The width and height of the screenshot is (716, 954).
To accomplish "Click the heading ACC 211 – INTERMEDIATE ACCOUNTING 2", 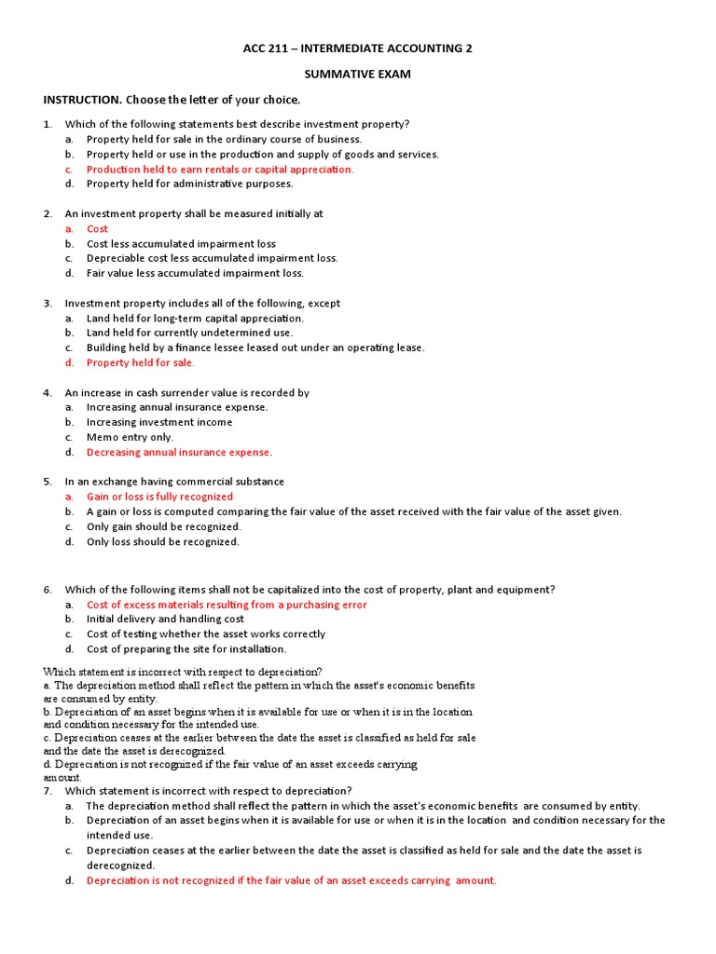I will click(x=358, y=48).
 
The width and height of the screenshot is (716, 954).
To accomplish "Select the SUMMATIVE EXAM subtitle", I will click(x=358, y=74).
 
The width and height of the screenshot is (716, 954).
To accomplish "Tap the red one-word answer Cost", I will click(x=97, y=228).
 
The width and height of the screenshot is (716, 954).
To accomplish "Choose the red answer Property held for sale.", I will click(x=141, y=362).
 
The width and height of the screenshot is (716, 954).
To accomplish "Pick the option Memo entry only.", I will click(x=130, y=437).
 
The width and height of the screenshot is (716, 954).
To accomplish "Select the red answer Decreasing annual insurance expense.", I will click(x=179, y=452).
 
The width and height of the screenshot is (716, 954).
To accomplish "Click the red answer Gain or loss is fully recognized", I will click(x=159, y=497).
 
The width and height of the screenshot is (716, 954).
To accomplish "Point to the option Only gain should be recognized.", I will click(x=163, y=526).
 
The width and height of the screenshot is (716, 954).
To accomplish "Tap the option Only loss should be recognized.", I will click(x=163, y=541).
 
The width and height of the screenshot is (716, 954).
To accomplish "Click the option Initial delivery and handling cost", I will click(x=165, y=619).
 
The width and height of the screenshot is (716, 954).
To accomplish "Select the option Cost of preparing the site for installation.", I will click(x=186, y=648).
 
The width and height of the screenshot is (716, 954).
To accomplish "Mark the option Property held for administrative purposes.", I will click(x=189, y=184).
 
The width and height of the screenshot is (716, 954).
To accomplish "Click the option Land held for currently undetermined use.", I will click(x=189, y=333).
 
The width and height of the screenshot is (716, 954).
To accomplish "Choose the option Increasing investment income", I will click(x=159, y=422).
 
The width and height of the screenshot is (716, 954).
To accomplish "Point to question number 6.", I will click(x=47, y=589).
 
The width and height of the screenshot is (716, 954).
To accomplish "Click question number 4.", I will click(x=47, y=392).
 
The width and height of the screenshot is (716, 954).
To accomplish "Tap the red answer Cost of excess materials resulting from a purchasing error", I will click(x=227, y=604).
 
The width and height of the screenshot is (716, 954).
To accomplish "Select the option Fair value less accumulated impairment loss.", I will click(x=195, y=273).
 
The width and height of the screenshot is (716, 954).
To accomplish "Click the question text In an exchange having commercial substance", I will click(x=174, y=482).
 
